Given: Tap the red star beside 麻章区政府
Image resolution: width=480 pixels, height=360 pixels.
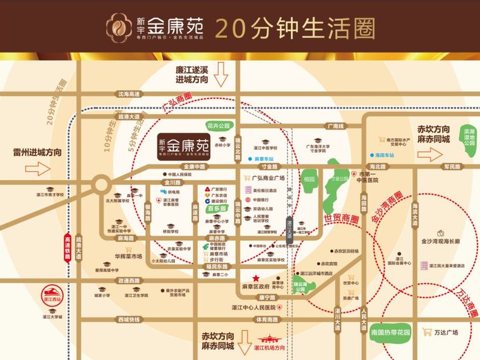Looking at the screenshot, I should coord(256,279).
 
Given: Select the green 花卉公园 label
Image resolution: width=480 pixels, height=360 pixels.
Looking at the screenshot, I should coord(217,125).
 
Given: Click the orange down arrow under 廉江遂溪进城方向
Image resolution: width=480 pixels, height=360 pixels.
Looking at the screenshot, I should coord(221,78).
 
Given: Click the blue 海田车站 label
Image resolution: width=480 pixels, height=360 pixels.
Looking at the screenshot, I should coord(384,154).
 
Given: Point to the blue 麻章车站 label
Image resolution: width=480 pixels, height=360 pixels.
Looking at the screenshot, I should coord(260,159).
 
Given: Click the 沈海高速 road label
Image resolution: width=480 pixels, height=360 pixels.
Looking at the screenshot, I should coord(128,94).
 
